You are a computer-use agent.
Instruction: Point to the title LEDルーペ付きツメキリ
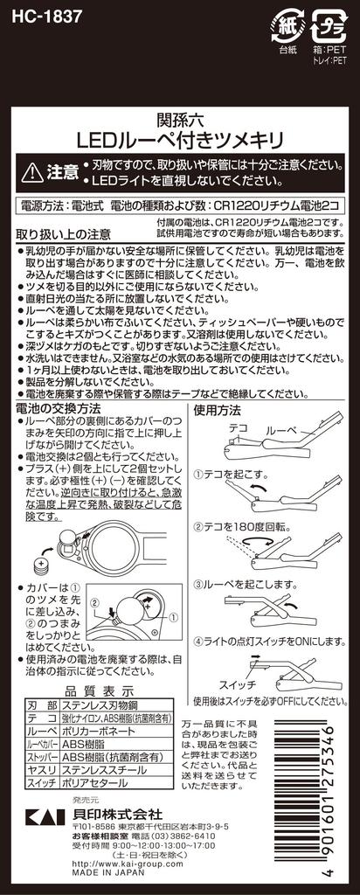coord(179,139)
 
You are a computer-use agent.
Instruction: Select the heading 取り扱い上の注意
coord(64,234)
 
